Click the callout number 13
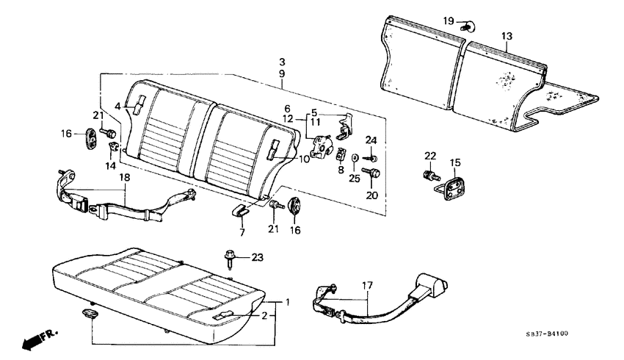[507, 35]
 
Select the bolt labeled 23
[230, 259]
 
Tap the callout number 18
[125, 178]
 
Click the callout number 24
[371, 140]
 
